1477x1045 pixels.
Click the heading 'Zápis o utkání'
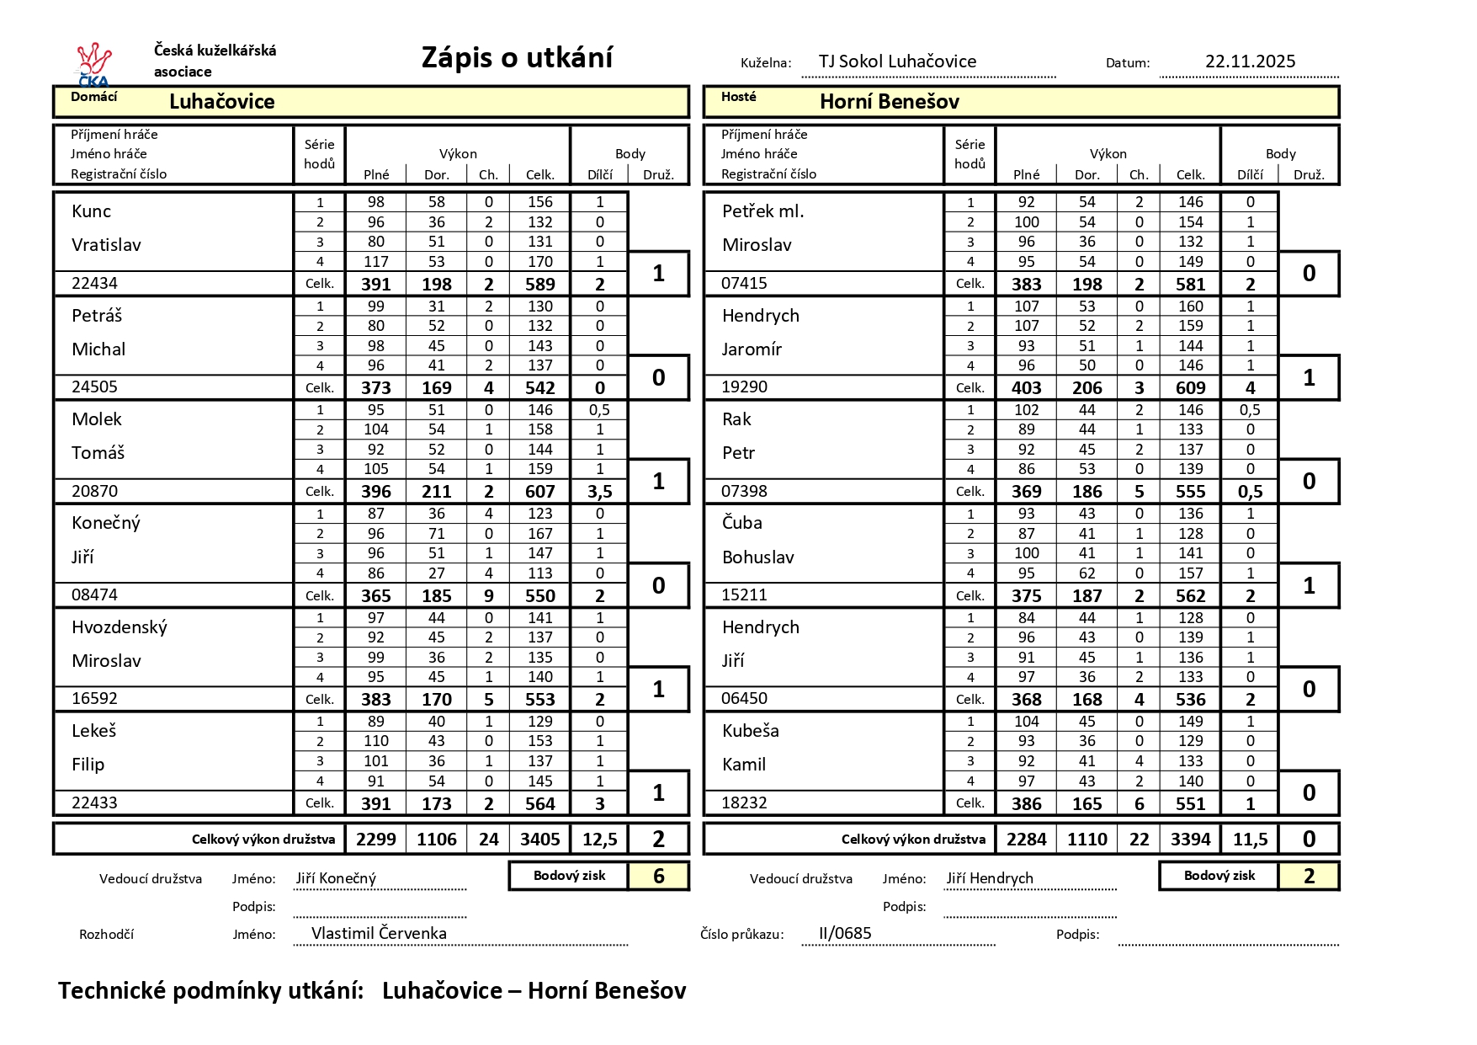click(517, 58)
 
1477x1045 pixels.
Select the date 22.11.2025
click(1250, 61)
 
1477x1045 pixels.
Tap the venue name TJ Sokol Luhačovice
click(897, 61)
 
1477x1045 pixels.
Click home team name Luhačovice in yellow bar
click(221, 102)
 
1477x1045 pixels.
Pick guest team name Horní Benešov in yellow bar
click(889, 102)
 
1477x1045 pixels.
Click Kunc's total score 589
click(539, 284)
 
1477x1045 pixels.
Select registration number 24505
click(94, 387)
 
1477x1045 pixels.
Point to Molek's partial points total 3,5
click(599, 492)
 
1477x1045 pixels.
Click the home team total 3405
click(539, 840)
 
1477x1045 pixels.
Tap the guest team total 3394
click(1190, 840)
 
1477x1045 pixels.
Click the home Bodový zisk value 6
click(658, 877)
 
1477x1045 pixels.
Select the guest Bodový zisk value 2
click(1309, 877)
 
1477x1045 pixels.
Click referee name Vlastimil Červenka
click(379, 933)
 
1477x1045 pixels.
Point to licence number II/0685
click(845, 933)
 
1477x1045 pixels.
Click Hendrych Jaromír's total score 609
click(1190, 388)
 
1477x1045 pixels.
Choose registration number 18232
click(744, 803)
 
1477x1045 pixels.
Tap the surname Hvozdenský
click(120, 627)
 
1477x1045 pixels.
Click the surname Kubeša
click(750, 731)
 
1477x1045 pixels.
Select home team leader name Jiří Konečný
click(336, 878)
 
